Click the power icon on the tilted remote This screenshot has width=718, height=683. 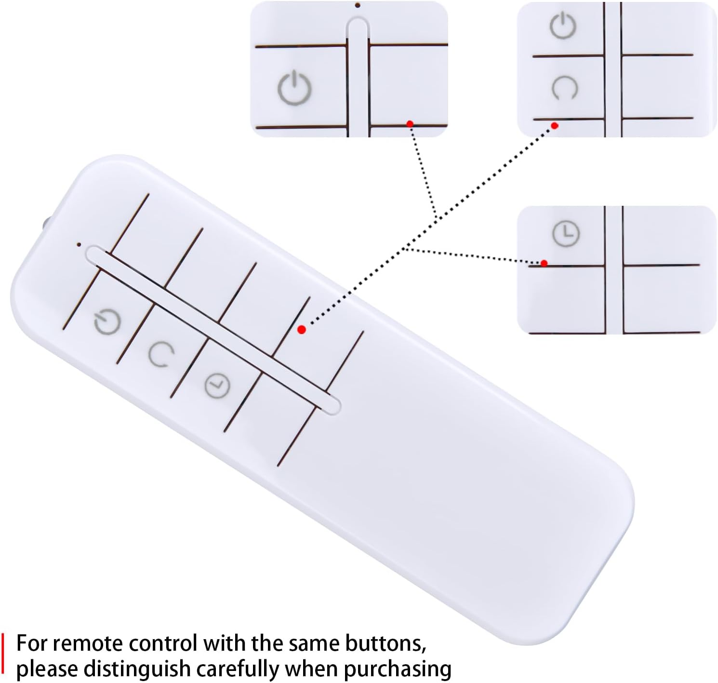(x=107, y=323)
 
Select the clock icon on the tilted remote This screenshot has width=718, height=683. (x=217, y=386)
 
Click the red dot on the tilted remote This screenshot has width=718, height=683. (x=302, y=330)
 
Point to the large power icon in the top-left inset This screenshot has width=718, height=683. (x=294, y=87)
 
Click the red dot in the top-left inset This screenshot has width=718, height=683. (x=410, y=124)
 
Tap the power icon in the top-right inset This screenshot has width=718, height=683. (x=563, y=26)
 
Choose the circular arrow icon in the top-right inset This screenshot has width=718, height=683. (x=564, y=88)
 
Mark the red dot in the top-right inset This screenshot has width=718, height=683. (x=555, y=126)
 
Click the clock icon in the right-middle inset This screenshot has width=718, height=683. (x=566, y=234)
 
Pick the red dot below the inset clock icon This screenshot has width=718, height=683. (x=544, y=263)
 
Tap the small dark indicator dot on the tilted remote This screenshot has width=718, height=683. (x=79, y=244)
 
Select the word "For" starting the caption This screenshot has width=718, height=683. (x=32, y=643)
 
